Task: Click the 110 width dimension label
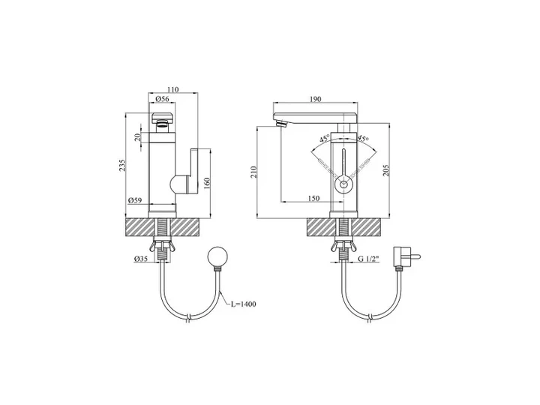tap(173, 89)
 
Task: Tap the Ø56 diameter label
tap(162, 99)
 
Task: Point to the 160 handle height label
tap(207, 183)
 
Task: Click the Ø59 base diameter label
tap(135, 200)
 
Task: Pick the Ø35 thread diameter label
tap(140, 258)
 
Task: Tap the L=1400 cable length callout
tap(244, 304)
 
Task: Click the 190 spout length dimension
tap(315, 99)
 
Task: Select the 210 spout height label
tap(253, 172)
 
